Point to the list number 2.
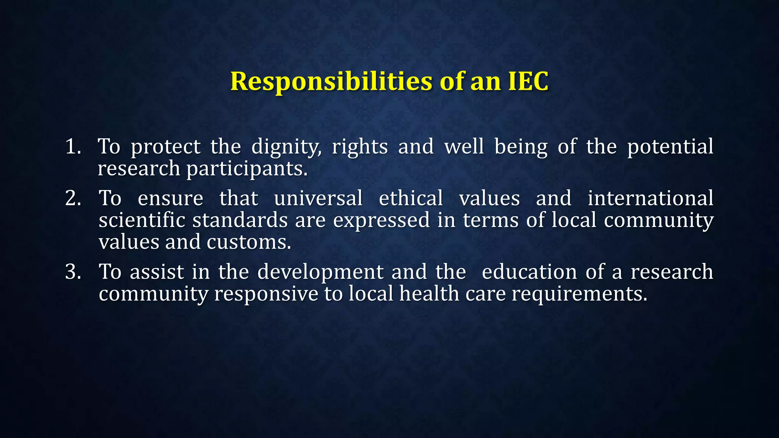(73, 198)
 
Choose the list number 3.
(73, 272)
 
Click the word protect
(165, 147)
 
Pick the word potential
(670, 147)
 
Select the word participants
(246, 169)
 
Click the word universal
(318, 198)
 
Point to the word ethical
(411, 198)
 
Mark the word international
(650, 198)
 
